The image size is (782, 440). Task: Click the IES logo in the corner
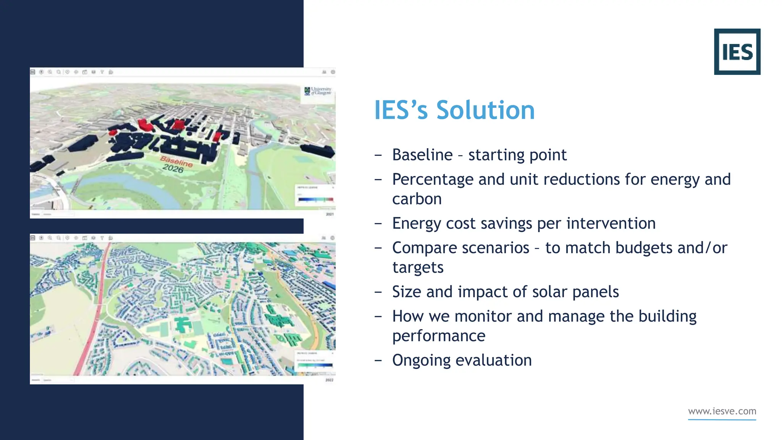click(737, 52)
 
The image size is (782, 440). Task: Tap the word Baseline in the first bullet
click(422, 155)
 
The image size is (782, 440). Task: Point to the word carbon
click(417, 199)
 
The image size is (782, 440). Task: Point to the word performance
click(439, 336)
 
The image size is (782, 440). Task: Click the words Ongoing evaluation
click(462, 361)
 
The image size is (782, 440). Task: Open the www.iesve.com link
click(722, 411)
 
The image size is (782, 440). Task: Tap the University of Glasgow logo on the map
click(318, 91)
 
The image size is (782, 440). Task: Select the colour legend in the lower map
click(315, 361)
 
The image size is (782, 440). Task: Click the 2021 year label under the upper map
click(330, 214)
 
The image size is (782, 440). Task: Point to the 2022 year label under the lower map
click(330, 380)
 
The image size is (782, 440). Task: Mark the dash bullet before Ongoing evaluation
click(378, 361)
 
